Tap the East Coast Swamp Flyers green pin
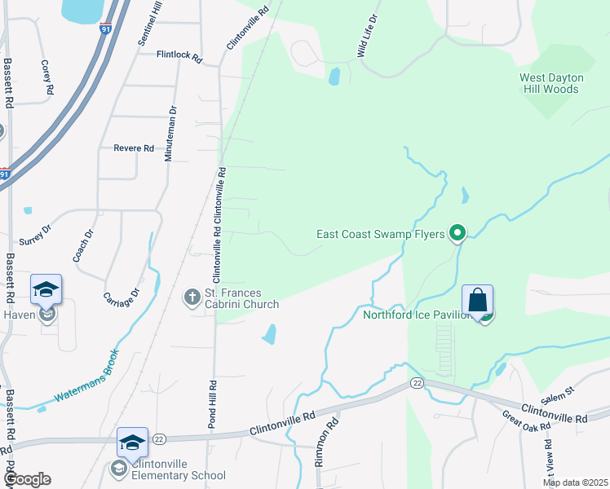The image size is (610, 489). click(457, 235)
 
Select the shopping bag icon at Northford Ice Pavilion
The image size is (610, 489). click(477, 300)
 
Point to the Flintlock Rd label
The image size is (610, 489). click(179, 55)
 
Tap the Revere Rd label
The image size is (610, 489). click(134, 148)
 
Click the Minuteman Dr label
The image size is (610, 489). click(171, 134)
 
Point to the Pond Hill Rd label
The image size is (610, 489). click(212, 404)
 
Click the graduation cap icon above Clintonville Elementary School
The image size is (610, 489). click(132, 443)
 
